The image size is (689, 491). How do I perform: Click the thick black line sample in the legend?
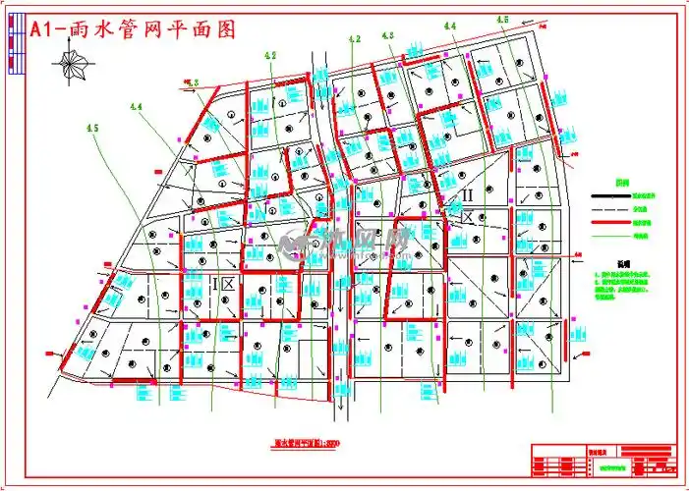click(x=609, y=196)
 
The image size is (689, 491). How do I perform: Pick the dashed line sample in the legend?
click(x=609, y=209)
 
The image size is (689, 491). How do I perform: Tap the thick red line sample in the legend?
click(x=609, y=222)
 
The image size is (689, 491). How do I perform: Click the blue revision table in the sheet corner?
click(x=648, y=462)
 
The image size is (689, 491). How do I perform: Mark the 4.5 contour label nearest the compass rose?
click(x=93, y=127)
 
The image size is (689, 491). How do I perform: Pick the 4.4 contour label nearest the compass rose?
click(x=136, y=106)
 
